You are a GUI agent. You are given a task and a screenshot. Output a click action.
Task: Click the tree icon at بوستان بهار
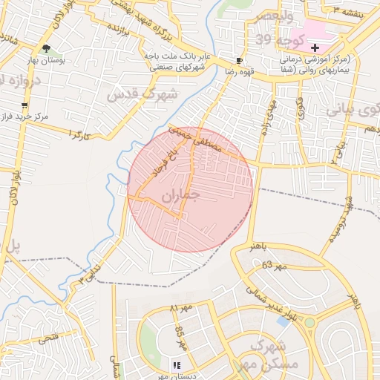[47, 48]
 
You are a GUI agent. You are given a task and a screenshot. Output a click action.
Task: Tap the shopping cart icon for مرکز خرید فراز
[25, 105]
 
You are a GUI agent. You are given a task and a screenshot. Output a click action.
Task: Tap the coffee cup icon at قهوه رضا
[239, 60]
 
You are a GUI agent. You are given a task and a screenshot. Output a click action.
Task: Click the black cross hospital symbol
[315, 47]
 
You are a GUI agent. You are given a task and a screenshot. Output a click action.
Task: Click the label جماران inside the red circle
[180, 196]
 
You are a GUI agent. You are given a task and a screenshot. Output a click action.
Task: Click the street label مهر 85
[180, 338]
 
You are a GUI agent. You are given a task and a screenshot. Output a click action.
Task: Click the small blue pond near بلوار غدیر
[283, 321]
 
